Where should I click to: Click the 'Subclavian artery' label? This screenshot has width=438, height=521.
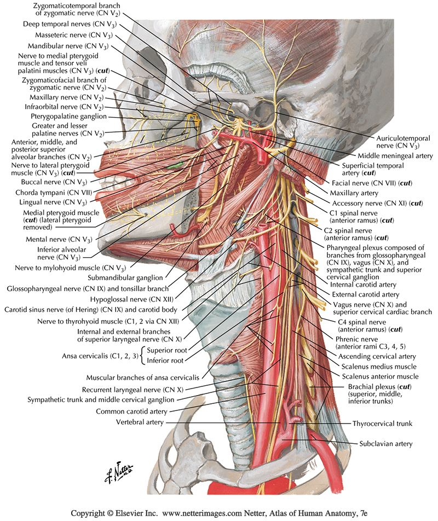(386, 443)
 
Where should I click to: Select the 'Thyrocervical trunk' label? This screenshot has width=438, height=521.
(382, 423)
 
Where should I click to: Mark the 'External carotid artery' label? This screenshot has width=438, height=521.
(370, 294)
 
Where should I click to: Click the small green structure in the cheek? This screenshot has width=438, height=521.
(175, 164)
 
